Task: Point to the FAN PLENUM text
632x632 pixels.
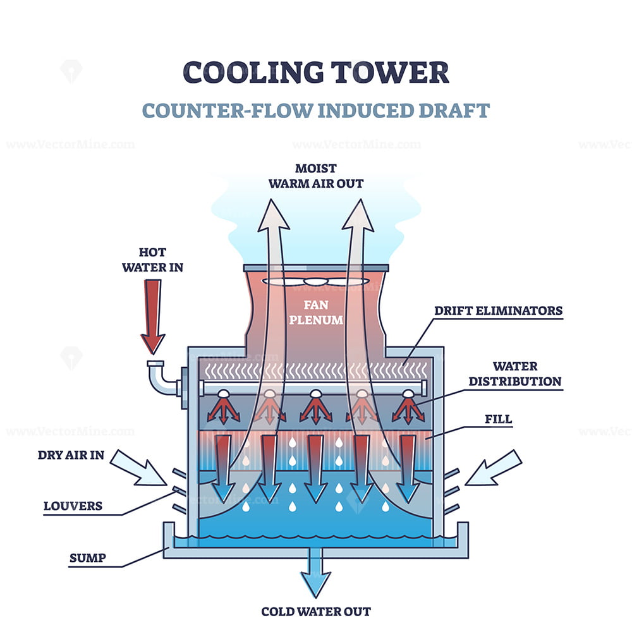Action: pyautogui.click(x=315, y=312)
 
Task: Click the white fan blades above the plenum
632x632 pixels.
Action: pyautogui.click(x=315, y=282)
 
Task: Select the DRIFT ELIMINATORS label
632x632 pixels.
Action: pyautogui.click(x=498, y=310)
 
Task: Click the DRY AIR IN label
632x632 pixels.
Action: pyautogui.click(x=71, y=454)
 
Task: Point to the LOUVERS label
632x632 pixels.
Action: pyautogui.click(x=73, y=506)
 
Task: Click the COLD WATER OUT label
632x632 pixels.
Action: pyautogui.click(x=316, y=611)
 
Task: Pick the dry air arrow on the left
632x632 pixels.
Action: pyautogui.click(x=137, y=471)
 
